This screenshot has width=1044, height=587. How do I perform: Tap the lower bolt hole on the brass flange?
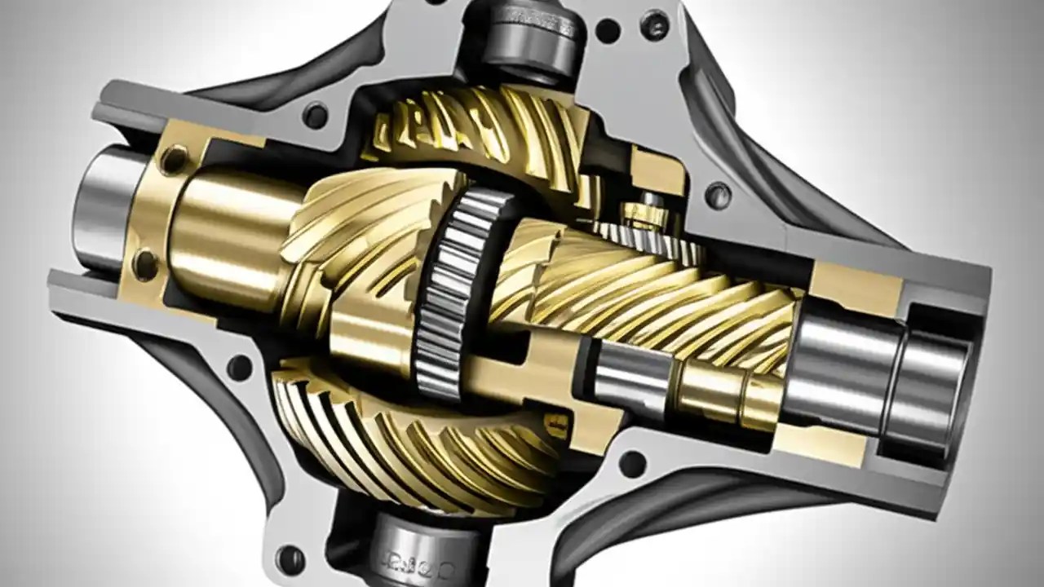coord(146,263)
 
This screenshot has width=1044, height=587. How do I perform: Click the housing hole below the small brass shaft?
coord(632,462)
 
